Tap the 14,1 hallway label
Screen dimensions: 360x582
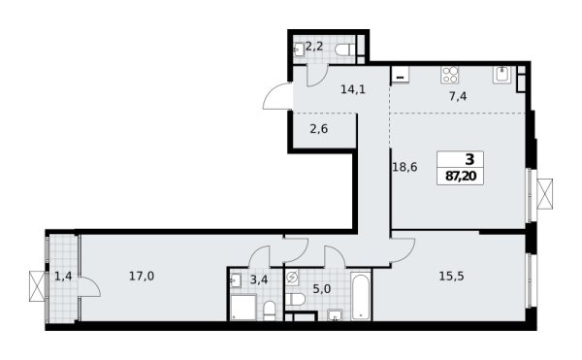click(x=326, y=89)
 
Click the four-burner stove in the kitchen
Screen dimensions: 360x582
click(x=452, y=74)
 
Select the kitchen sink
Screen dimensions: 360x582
click(x=501, y=74)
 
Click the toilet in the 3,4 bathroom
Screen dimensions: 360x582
click(x=271, y=309)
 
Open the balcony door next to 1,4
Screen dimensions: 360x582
click(x=87, y=288)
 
